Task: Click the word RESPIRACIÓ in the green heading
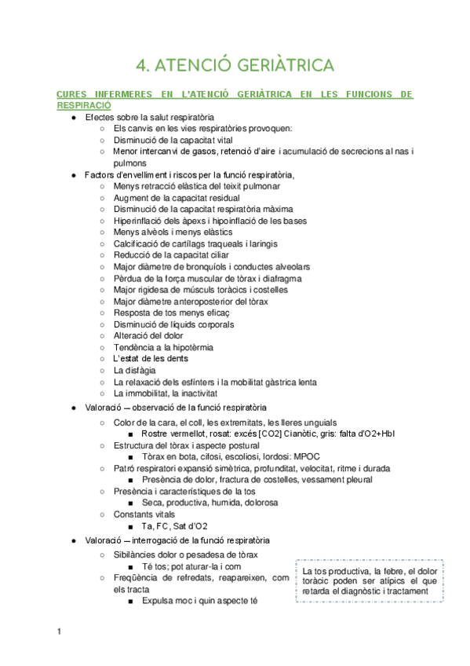[x=84, y=104]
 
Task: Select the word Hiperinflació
[x=141, y=221]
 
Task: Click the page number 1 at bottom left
[x=59, y=631]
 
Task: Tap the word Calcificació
[x=139, y=243]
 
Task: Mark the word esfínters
[x=198, y=381]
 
